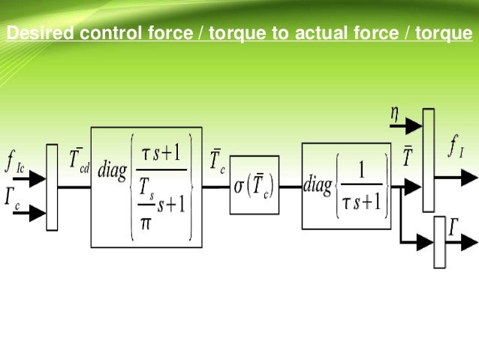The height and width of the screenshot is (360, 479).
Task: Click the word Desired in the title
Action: coord(34,34)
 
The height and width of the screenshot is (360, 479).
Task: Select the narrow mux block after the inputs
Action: coord(52,186)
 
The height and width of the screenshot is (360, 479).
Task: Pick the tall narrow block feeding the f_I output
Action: coord(428,159)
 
